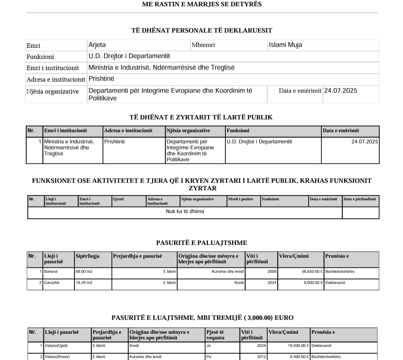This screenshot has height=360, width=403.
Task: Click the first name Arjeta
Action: [97, 45]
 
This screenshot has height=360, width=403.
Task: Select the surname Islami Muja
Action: [285, 45]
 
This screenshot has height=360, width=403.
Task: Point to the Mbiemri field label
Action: [203, 45]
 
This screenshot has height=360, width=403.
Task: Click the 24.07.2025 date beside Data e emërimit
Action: [340, 91]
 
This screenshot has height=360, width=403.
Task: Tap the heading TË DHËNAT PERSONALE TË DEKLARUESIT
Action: [201, 30]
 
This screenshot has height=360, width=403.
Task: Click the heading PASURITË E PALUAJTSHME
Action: [201, 243]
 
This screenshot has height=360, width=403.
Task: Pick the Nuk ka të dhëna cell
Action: [185, 211]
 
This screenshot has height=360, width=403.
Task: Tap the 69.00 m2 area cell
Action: [84, 271]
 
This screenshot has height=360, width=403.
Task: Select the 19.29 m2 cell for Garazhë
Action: [84, 283]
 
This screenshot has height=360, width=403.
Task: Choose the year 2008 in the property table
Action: [272, 271]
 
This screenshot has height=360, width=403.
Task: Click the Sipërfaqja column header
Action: [88, 256]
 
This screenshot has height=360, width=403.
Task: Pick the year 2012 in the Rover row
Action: [261, 357]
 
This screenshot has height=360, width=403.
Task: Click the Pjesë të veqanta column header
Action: [215, 335]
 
